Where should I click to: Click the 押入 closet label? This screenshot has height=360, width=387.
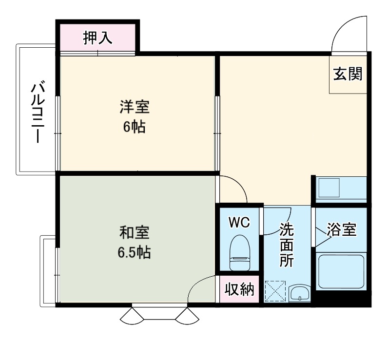(97, 38)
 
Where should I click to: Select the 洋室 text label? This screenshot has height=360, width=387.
(134, 107)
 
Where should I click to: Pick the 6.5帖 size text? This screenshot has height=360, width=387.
(134, 252)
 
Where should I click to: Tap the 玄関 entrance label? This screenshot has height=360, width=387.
(348, 75)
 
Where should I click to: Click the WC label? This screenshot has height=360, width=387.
(239, 223)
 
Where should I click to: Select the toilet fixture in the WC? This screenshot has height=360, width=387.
(239, 252)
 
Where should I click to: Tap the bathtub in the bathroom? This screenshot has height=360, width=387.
(341, 271)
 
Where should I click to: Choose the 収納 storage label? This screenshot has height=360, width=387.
(239, 290)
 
